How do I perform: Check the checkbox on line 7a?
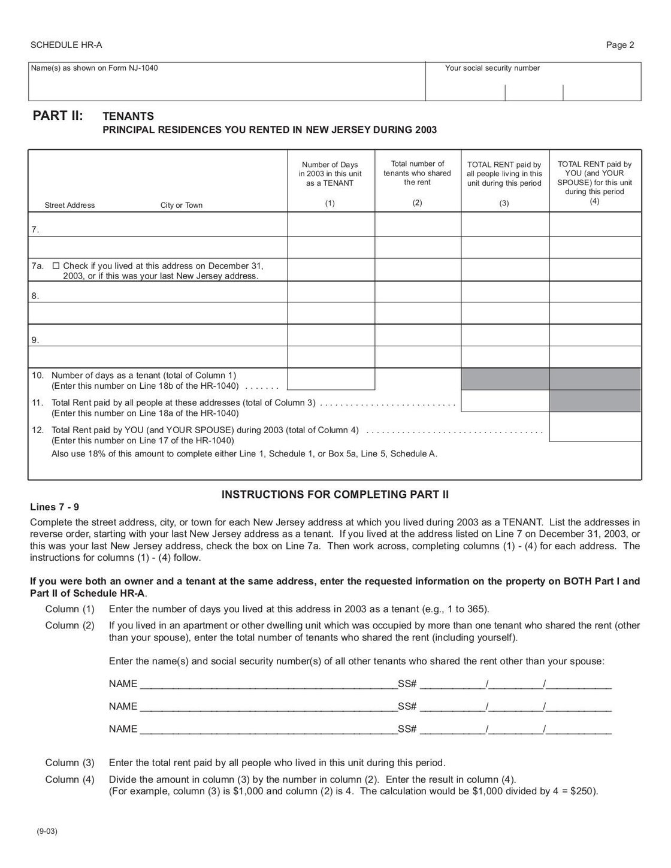click(x=56, y=266)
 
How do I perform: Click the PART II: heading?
click(x=58, y=116)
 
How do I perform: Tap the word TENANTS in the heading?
click(x=128, y=116)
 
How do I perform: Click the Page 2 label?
click(x=620, y=45)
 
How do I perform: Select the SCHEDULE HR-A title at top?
click(x=62, y=45)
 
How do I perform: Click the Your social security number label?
click(x=492, y=68)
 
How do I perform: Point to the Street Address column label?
click(x=69, y=205)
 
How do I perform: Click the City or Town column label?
click(x=181, y=205)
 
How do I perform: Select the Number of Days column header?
click(x=330, y=174)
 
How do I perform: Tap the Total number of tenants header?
click(x=417, y=173)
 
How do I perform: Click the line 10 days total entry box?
click(x=331, y=379)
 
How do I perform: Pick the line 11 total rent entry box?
click(x=505, y=401)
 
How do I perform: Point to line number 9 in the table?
click(x=35, y=340)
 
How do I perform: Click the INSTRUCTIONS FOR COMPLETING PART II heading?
click(x=335, y=494)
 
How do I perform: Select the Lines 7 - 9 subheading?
click(x=55, y=507)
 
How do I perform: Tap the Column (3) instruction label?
click(x=70, y=763)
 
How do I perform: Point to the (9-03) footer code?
click(x=47, y=831)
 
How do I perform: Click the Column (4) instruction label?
click(x=70, y=779)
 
